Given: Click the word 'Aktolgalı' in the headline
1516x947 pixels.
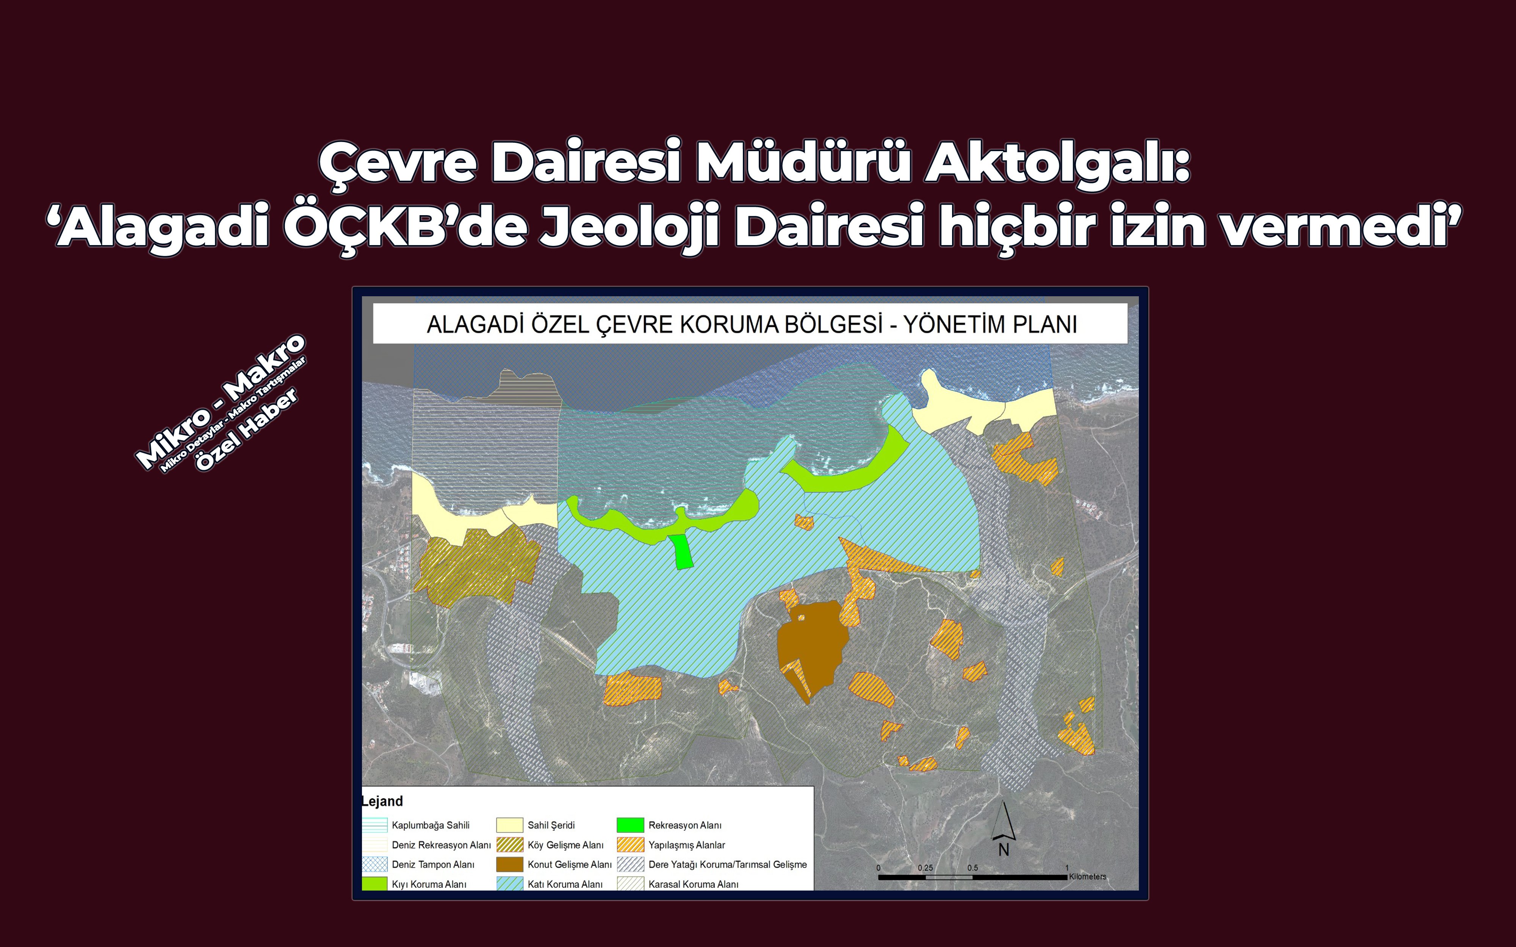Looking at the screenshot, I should pyautogui.click(x=1057, y=163).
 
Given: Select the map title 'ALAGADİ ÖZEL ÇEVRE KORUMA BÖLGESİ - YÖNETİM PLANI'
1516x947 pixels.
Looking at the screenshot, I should pyautogui.click(x=751, y=324).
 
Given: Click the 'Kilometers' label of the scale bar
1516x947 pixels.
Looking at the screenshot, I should pyautogui.click(x=1087, y=876).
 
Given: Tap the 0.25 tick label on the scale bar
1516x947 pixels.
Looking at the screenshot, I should pyautogui.click(x=925, y=867).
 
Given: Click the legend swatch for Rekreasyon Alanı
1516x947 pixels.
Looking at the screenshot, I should pyautogui.click(x=630, y=825).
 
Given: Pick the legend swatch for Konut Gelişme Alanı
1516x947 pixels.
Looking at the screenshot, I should pyautogui.click(x=509, y=864).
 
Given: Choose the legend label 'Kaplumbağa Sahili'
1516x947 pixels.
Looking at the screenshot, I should pyautogui.click(x=431, y=825).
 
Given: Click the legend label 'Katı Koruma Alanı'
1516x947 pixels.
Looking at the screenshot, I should pyautogui.click(x=565, y=884).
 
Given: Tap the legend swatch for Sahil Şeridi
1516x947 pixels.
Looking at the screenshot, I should pyautogui.click(x=509, y=825).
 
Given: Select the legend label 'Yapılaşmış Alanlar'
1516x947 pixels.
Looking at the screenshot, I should pyautogui.click(x=687, y=845).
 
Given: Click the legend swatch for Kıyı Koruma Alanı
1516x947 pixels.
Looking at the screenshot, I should pyautogui.click(x=374, y=884).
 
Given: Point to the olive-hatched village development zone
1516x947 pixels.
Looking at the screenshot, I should pyautogui.click(x=476, y=564).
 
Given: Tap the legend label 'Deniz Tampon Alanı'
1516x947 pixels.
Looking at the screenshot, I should pyautogui.click(x=433, y=864).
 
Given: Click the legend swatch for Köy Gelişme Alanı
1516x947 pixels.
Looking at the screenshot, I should pyautogui.click(x=509, y=845).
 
